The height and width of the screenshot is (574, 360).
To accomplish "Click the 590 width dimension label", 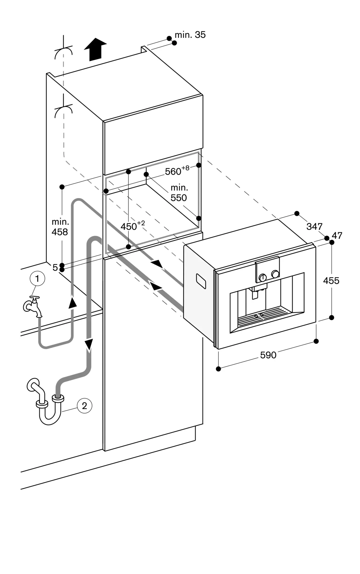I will coord(268,355).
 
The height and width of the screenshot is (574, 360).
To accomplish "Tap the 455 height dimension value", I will coord(331,280).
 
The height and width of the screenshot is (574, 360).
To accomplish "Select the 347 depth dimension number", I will coord(314,226).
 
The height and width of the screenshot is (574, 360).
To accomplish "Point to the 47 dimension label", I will coord(337,235).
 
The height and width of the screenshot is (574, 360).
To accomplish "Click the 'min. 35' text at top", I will coord(190,35).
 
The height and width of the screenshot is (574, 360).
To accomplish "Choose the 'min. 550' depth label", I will coord(179,193).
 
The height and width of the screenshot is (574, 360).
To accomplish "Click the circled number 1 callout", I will coord(37,278).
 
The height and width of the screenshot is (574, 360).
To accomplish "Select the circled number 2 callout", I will coord(84,406).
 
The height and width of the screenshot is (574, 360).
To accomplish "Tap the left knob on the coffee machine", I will coord(263,277).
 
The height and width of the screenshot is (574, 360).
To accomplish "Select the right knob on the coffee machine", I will coord(275,274).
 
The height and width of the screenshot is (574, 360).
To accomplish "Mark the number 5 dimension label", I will coord(55,267).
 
